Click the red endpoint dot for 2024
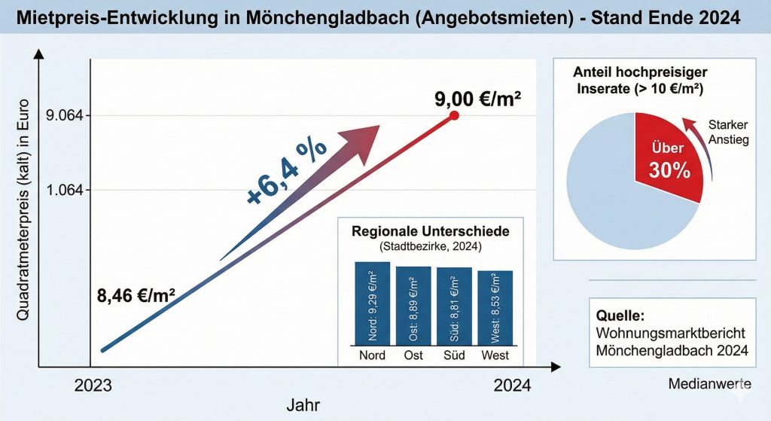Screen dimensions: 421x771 click(x=454, y=115)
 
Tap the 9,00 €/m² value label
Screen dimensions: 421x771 click(x=478, y=98)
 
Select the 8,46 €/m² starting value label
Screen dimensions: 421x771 click(x=137, y=295)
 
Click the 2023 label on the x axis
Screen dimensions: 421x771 click(x=93, y=386)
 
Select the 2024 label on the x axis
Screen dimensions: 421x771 click(x=512, y=386)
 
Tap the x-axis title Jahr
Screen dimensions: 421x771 click(x=303, y=405)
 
